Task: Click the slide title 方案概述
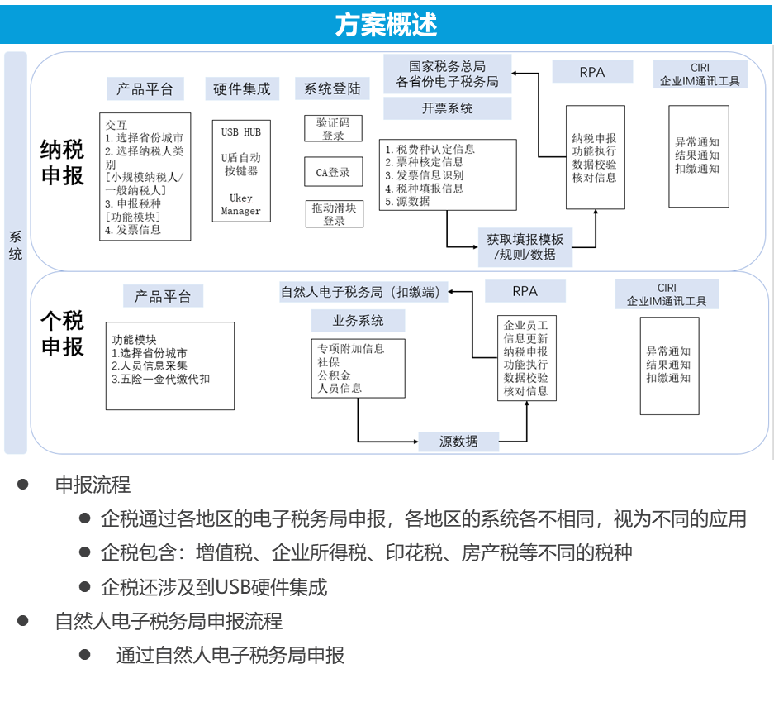click(386, 24)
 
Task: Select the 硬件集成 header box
click(241, 89)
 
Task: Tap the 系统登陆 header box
click(332, 89)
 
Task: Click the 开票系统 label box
click(447, 108)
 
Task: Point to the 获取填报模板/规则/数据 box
click(525, 246)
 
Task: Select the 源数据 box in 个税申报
click(458, 441)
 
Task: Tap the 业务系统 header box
click(358, 320)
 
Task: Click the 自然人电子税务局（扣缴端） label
click(363, 291)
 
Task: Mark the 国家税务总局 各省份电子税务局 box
click(447, 74)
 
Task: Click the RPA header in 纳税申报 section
click(592, 72)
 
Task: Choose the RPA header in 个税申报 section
click(525, 291)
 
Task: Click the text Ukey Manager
click(240, 204)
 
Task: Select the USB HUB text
click(240, 132)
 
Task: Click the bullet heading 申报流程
click(93, 485)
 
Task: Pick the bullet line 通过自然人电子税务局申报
click(230, 656)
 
